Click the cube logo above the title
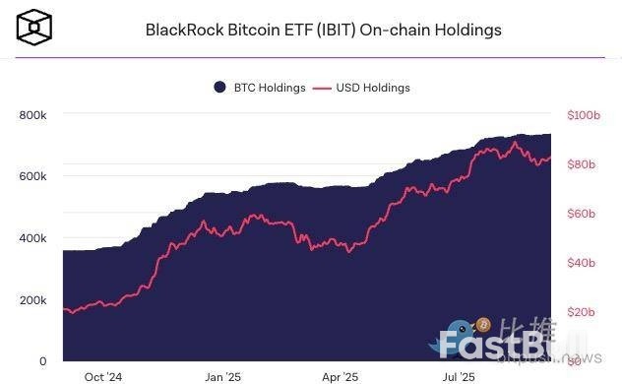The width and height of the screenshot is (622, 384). tap(32, 28)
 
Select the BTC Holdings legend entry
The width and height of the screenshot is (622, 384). tap(260, 88)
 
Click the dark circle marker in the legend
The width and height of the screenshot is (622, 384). tap(220, 88)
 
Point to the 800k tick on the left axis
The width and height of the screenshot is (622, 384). tap(32, 115)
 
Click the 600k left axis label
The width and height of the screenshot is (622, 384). tap(32, 176)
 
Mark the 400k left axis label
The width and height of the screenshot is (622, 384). tap(32, 238)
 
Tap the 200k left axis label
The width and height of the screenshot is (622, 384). tap(32, 300)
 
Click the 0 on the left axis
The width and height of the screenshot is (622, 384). tap(43, 361)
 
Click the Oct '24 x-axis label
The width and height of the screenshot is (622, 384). tap(103, 376)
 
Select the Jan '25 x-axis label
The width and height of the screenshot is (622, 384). tap(222, 376)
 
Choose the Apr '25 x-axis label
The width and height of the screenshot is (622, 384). tap(341, 376)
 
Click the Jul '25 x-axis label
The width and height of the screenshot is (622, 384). tap(460, 376)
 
